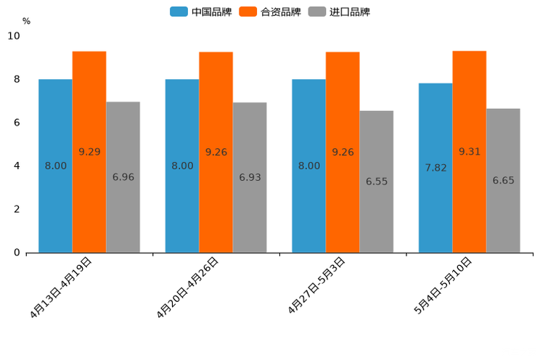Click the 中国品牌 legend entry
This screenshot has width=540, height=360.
click(201, 12)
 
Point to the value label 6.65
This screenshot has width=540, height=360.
click(503, 180)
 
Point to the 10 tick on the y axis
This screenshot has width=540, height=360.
click(14, 36)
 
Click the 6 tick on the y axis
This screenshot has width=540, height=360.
click(17, 123)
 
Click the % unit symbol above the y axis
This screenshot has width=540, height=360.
click(26, 21)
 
